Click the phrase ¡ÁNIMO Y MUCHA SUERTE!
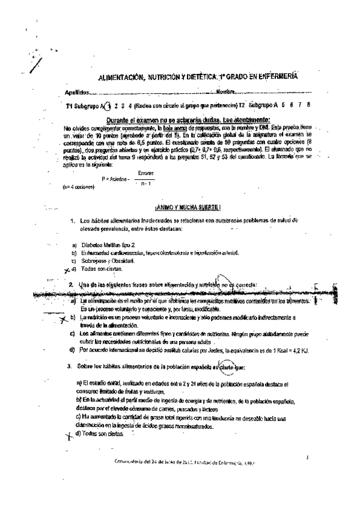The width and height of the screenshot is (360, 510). [188, 207]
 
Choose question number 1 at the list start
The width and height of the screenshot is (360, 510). [73, 221]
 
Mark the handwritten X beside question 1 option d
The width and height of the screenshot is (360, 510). [67, 270]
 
